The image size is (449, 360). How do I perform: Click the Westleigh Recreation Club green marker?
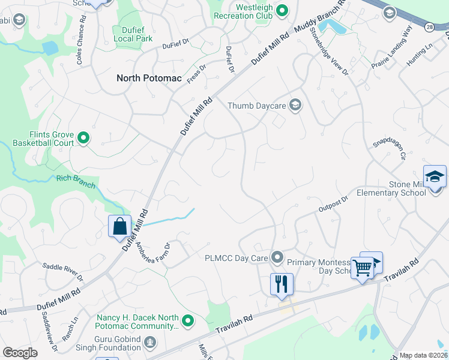click(x=283, y=10)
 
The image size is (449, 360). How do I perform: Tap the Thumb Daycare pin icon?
click(x=295, y=106)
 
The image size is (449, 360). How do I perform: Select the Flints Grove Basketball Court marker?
click(x=84, y=139)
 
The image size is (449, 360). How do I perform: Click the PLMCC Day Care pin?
click(x=277, y=257)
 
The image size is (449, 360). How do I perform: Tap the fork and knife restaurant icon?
click(x=282, y=283)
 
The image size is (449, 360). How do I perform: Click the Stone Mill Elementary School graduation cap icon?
click(x=435, y=176)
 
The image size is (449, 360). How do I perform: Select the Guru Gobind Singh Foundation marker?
click(x=149, y=343)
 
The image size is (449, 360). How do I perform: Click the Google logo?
click(x=20, y=353)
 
